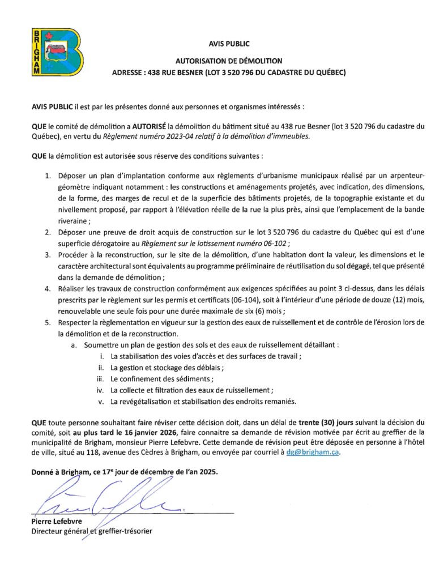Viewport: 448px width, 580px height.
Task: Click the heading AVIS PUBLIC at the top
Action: [228, 44]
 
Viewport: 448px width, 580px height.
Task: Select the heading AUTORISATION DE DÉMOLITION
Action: [228, 61]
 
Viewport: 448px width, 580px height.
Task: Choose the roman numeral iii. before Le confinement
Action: [100, 378]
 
